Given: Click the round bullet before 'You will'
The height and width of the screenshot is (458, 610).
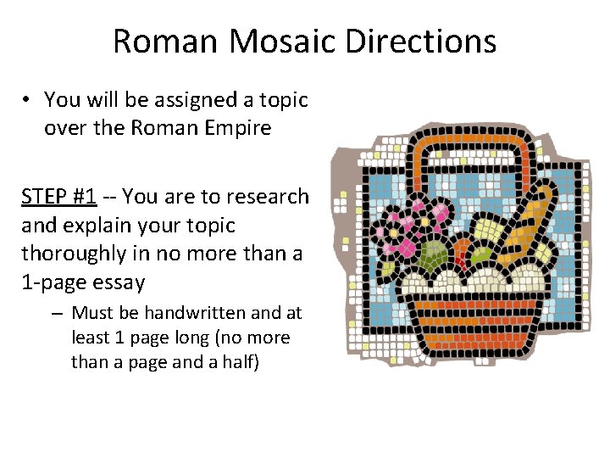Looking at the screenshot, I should tap(28, 100).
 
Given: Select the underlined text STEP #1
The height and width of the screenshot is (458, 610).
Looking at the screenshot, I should tap(58, 197).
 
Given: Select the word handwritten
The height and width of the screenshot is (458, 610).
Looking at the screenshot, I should tap(183, 313).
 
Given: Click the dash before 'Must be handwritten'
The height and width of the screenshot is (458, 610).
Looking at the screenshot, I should tap(55, 313).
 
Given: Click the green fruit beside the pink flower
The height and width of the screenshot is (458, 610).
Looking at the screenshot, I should tap(431, 254).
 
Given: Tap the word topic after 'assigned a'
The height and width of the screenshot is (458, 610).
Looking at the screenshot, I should tap(281, 100).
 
